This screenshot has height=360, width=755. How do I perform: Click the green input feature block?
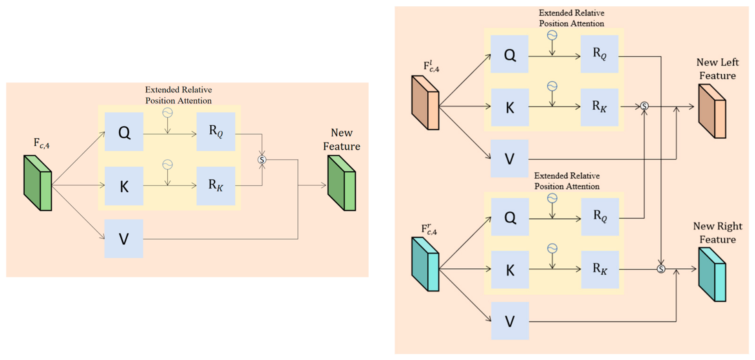coord(38,183)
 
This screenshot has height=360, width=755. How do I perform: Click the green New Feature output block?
coord(342,183)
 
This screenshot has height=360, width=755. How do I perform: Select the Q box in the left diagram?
coord(124,132)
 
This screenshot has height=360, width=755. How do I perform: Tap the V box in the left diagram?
coord(124,239)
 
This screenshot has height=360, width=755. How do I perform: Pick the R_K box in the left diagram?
coord(216,186)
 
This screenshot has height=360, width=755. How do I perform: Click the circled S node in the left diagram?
coord(262,159)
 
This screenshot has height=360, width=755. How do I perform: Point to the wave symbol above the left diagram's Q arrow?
coord(167,113)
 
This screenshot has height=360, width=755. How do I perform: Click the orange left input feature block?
coord(425,103)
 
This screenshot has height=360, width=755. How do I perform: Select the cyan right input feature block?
coord(425,264)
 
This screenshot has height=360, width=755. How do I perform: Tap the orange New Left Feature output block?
coord(712,111)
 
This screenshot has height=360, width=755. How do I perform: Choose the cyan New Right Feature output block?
coord(712,274)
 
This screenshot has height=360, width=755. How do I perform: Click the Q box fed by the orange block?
coord(509,54)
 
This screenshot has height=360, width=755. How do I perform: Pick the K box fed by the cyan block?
coord(510,270)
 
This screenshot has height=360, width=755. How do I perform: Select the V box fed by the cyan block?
coord(510,321)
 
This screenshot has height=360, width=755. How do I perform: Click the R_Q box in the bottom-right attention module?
coord(600,217)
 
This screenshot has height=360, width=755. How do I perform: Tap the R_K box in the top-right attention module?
coord(599,107)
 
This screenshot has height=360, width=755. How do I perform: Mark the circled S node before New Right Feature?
coord(661,269)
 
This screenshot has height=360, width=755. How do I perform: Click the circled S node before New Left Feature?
coord(644,106)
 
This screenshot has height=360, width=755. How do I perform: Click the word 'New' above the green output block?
coord(342,133)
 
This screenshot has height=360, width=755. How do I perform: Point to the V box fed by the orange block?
coord(509,159)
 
